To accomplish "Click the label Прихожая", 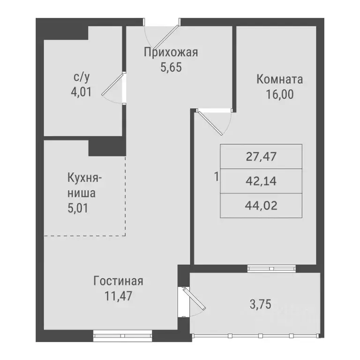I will [171, 52].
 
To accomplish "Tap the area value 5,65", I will [171, 67].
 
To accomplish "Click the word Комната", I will [279, 79].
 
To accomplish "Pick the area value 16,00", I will [279, 94].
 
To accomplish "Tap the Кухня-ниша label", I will [84, 185].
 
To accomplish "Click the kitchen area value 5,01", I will [78, 207].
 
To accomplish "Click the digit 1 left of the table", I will [215, 177].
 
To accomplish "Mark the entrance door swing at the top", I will [161, 32].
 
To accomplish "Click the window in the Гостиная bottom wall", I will [122, 335].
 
